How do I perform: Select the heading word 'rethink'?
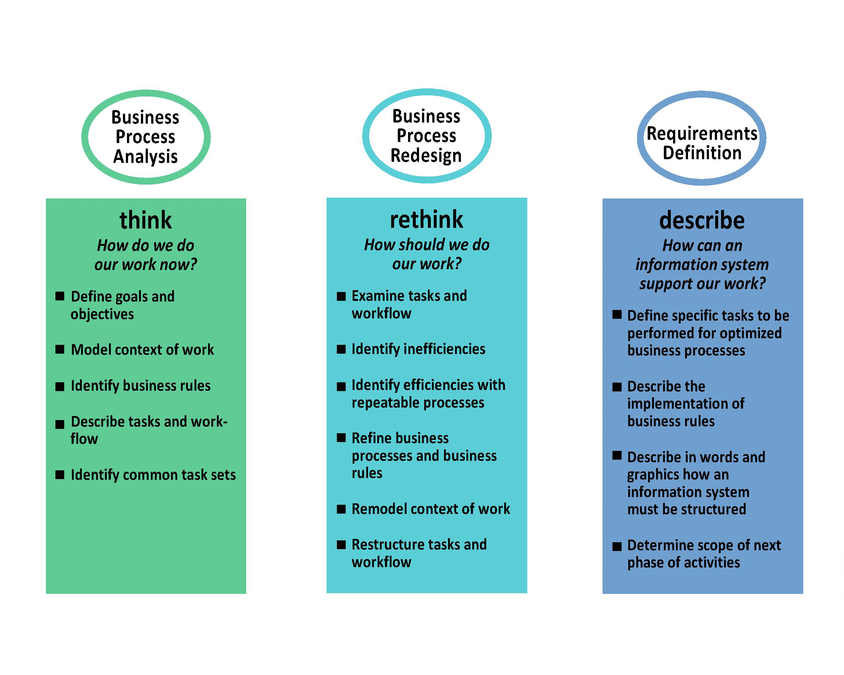coord(426,219)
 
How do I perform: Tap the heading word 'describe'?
coord(702,220)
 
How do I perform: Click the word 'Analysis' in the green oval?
coord(145,157)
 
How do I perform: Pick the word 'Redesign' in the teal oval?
coord(426,155)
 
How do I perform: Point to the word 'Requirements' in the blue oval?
coord(702,134)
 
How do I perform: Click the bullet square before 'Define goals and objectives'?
coord(60,296)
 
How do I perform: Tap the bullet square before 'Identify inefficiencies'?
coord(341,349)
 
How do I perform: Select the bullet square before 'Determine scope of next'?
coord(617,546)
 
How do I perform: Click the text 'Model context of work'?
coord(142,350)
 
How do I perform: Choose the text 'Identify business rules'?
coord(141,386)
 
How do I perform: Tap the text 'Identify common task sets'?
coord(153,475)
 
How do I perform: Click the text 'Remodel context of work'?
coord(430,509)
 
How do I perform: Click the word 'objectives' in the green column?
coord(102,314)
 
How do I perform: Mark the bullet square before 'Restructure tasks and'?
coord(341,545)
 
